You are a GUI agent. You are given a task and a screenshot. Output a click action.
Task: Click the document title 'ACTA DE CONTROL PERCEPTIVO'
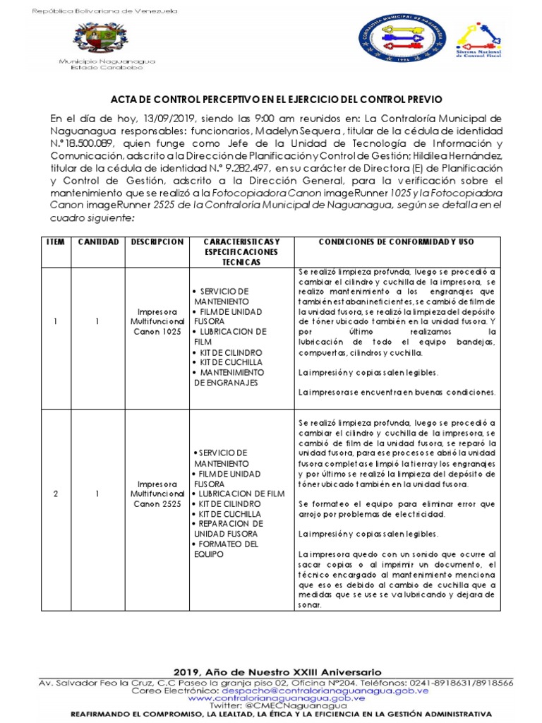click(277, 100)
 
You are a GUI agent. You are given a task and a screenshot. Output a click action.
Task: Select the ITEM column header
click(56, 241)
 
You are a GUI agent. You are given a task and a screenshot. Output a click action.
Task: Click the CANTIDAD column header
click(98, 241)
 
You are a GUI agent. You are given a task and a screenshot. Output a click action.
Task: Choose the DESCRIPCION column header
click(157, 241)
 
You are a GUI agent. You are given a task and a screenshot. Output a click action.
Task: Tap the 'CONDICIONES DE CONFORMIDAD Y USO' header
click(396, 241)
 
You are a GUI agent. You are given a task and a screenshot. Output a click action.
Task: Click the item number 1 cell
click(56, 322)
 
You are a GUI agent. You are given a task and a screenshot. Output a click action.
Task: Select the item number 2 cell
click(56, 493)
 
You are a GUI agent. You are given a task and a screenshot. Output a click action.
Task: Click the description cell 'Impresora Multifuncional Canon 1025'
click(157, 322)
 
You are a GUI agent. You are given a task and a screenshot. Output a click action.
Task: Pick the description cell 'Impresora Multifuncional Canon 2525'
click(157, 493)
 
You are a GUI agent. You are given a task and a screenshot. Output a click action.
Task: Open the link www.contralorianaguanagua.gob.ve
click(276, 698)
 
